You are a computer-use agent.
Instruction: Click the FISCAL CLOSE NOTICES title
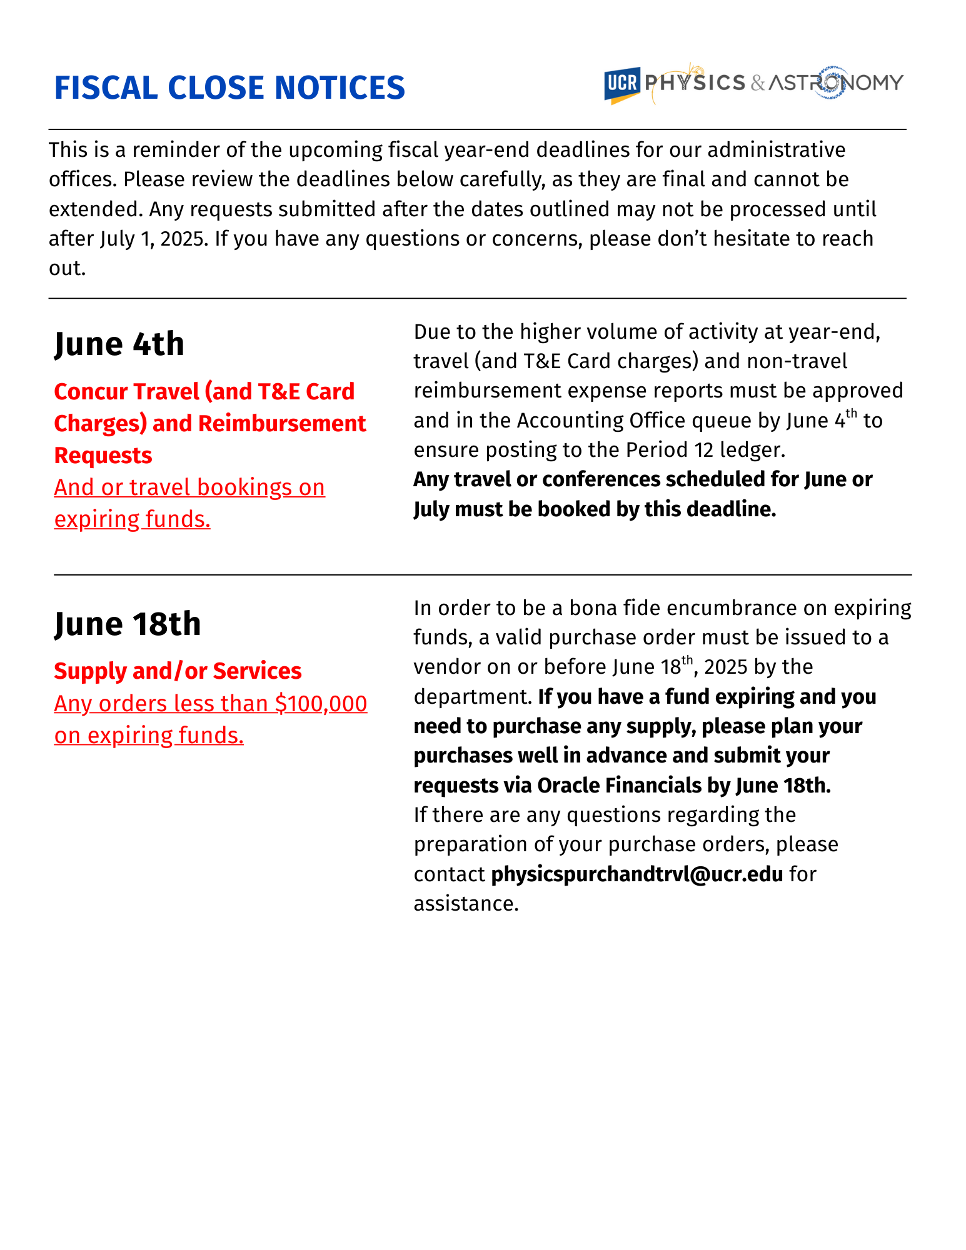(229, 87)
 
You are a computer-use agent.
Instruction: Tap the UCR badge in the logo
(621, 83)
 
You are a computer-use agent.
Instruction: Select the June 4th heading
(119, 344)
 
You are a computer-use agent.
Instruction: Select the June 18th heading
(128, 624)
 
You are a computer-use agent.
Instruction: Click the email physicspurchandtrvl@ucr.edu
(636, 874)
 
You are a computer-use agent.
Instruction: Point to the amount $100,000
(321, 704)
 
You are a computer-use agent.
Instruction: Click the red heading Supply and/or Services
(178, 671)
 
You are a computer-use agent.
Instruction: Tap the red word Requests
(103, 456)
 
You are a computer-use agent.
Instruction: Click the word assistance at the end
(465, 904)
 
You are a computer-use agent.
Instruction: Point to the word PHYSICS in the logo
(695, 82)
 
